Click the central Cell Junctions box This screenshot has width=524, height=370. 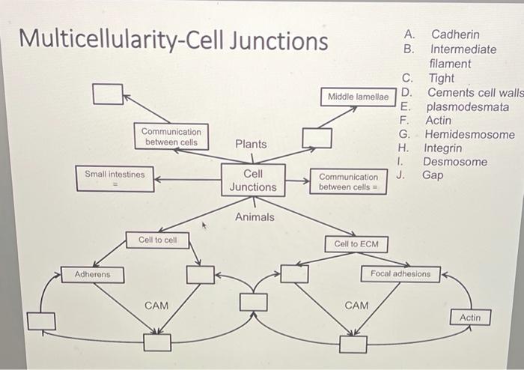click(x=253, y=180)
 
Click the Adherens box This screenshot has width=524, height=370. click(x=92, y=275)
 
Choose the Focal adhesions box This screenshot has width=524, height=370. click(x=400, y=274)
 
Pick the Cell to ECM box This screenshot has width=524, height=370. click(x=356, y=244)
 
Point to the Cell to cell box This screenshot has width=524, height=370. click(x=157, y=240)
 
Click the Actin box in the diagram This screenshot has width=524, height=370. click(x=470, y=318)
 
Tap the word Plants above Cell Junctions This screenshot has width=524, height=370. click(x=250, y=143)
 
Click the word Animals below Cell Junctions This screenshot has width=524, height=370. click(x=255, y=217)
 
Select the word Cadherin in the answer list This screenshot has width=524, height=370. click(x=455, y=34)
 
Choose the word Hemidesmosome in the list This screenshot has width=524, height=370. click(x=469, y=135)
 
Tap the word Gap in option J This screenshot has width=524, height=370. click(x=433, y=175)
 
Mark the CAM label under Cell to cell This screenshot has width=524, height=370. click(x=156, y=306)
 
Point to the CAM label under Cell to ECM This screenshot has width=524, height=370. click(x=356, y=306)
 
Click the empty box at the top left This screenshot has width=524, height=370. click(x=108, y=94)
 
